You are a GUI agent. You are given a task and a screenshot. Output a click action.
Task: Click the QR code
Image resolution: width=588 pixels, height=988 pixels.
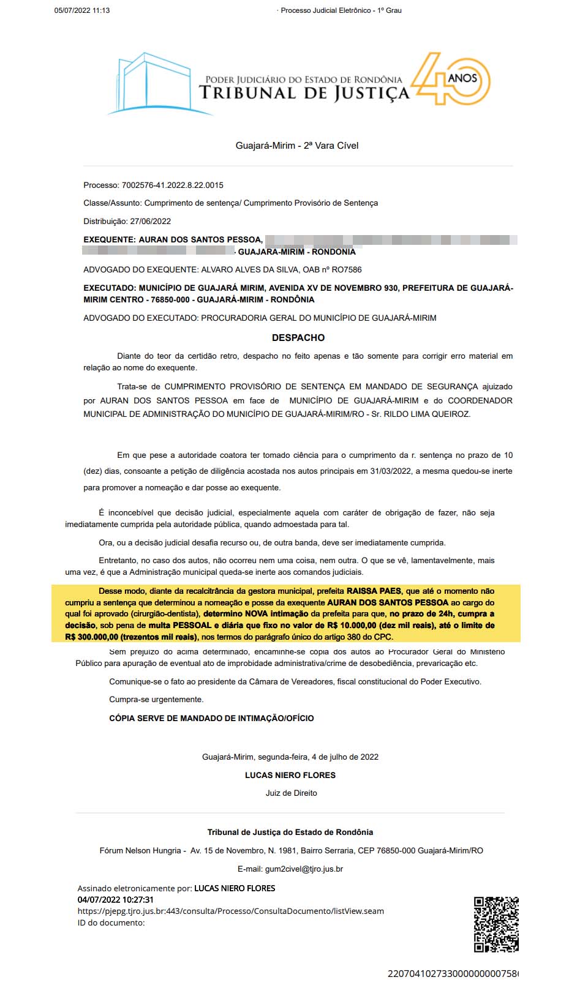pyautogui.click(x=496, y=924)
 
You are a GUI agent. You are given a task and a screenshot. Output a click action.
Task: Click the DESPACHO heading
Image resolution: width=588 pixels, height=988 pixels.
pyautogui.click(x=298, y=338)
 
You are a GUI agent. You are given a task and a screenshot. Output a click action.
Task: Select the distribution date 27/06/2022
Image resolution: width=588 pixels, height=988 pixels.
pyautogui.click(x=151, y=221)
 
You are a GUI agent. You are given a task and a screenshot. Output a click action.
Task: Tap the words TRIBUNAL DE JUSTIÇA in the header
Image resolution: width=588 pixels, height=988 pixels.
pyautogui.click(x=304, y=93)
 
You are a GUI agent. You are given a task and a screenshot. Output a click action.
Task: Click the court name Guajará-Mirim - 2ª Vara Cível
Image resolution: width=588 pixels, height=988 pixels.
pyautogui.click(x=297, y=146)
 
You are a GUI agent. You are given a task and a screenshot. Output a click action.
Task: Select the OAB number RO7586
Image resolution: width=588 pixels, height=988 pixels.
pyautogui.click(x=347, y=269)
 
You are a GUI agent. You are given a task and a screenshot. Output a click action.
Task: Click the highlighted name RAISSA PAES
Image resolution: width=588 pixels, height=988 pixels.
pyautogui.click(x=374, y=591)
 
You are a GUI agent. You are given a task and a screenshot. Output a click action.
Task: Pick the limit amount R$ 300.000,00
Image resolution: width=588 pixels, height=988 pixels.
pyautogui.click(x=92, y=637)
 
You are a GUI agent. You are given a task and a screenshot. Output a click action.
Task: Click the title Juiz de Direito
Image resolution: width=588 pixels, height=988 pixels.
pyautogui.click(x=292, y=793)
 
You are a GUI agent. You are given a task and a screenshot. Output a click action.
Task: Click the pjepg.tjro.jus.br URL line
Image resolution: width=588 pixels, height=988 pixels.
pyautogui.click(x=231, y=911)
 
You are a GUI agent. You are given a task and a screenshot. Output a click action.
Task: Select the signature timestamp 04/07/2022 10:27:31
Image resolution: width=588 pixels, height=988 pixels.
pyautogui.click(x=116, y=900)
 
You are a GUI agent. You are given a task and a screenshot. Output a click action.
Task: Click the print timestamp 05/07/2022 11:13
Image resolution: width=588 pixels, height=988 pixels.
pyautogui.click(x=82, y=10)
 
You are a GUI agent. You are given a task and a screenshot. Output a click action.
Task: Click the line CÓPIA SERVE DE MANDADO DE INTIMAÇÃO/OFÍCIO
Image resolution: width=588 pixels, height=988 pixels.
pyautogui.click(x=211, y=718)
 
